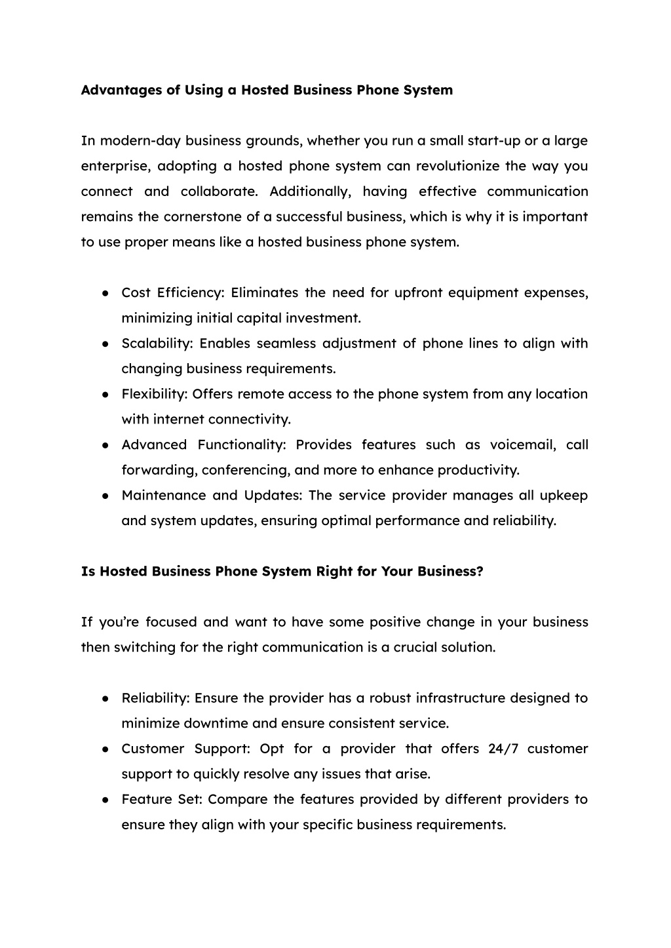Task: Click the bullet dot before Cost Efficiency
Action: [105, 293]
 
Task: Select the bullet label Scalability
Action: [156, 344]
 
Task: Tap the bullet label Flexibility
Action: [155, 394]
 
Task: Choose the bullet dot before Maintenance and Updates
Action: [105, 496]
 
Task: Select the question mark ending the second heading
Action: [480, 572]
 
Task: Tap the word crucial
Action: [414, 648]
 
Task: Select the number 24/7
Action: [503, 749]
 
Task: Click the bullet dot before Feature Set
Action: [105, 800]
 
